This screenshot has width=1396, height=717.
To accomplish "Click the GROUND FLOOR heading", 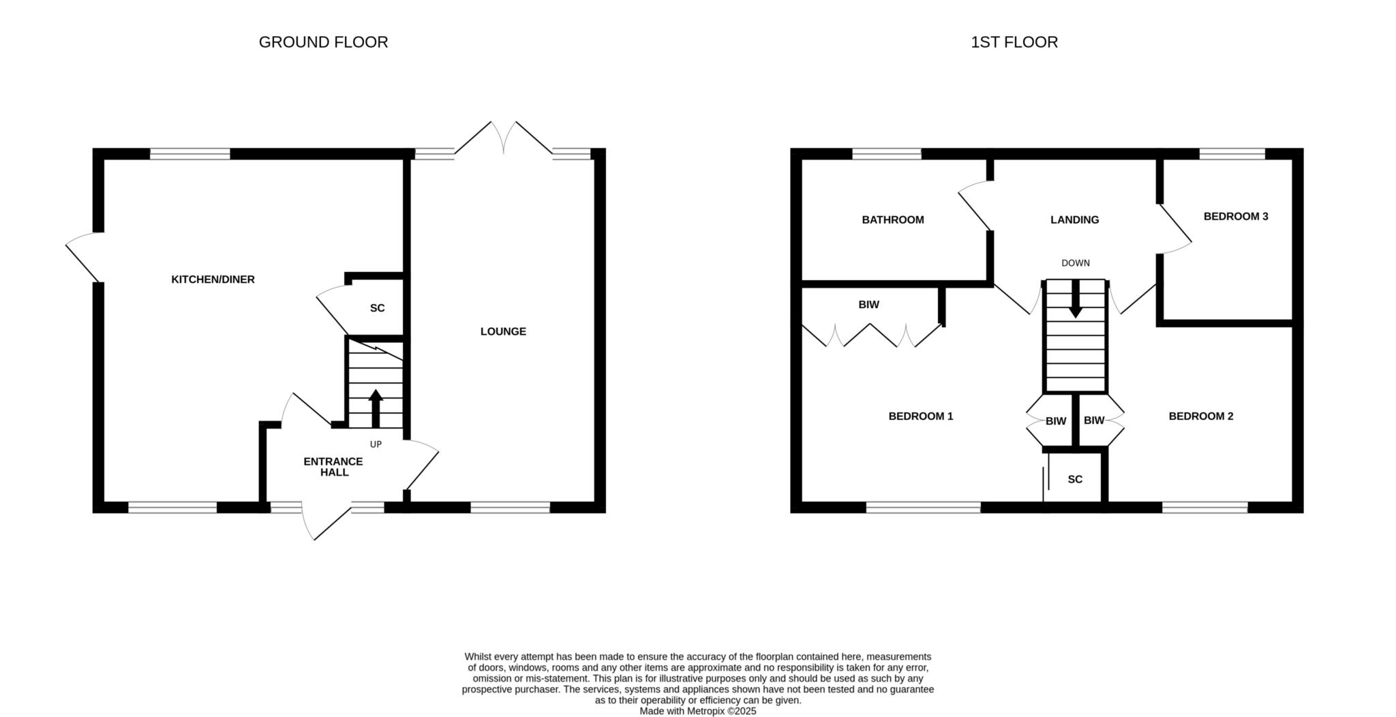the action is pyautogui.click(x=323, y=42).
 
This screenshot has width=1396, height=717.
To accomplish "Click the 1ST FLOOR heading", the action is pyautogui.click(x=1014, y=42).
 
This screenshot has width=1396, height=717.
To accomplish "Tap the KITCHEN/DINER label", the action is pyautogui.click(x=213, y=279).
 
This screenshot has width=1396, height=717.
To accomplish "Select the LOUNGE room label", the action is pyautogui.click(x=503, y=332).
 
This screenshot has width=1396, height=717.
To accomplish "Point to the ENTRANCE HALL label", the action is pyautogui.click(x=333, y=467).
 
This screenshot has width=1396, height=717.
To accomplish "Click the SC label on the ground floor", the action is pyautogui.click(x=377, y=308).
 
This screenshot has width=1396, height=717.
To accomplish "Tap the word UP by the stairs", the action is pyautogui.click(x=376, y=444).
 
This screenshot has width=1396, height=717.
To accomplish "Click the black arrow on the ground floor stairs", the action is pyautogui.click(x=376, y=408).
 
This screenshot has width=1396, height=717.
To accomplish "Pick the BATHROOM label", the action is pyautogui.click(x=893, y=220).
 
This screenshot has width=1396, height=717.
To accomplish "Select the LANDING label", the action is pyautogui.click(x=1074, y=220).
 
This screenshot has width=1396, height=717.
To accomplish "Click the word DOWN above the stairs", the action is pyautogui.click(x=1076, y=263).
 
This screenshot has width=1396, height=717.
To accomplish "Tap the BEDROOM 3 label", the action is pyautogui.click(x=1236, y=217).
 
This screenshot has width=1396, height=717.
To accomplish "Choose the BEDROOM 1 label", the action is pyautogui.click(x=921, y=416).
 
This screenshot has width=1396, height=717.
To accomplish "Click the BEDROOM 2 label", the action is pyautogui.click(x=1201, y=416).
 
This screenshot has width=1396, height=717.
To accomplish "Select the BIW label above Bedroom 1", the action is pyautogui.click(x=868, y=305).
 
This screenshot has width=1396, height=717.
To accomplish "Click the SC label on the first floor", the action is pyautogui.click(x=1075, y=480).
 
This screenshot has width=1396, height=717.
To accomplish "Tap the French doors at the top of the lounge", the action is pyautogui.click(x=504, y=139).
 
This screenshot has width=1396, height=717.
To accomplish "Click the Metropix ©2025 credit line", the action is pyautogui.click(x=698, y=711).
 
